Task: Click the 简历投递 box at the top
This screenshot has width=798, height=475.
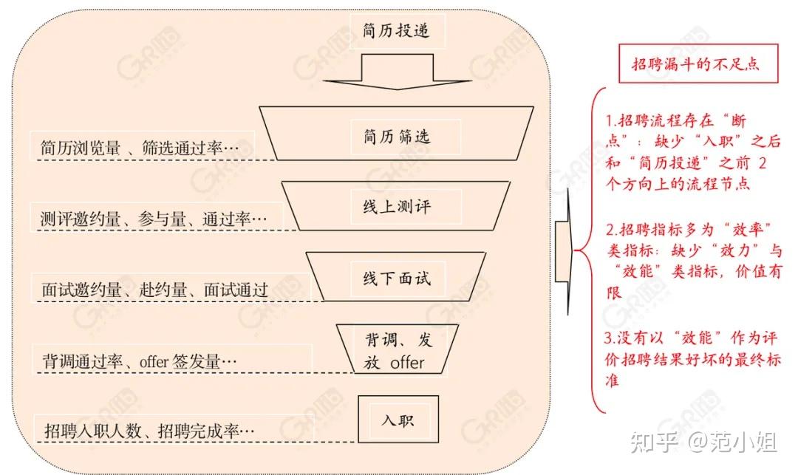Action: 396,31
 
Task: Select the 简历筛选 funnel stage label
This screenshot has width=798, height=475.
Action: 397,136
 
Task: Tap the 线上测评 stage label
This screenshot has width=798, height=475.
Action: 397,206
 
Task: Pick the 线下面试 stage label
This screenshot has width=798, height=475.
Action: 397,278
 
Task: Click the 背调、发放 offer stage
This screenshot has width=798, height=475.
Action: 398,352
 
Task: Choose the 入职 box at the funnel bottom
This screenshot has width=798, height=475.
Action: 398,420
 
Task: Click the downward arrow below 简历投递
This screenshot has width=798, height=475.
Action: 398,74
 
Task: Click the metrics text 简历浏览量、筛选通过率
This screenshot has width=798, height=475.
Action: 140,147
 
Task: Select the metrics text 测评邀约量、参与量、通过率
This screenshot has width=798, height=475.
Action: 151,219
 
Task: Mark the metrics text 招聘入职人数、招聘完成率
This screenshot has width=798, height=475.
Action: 149,429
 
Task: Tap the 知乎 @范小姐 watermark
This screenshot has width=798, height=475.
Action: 702,443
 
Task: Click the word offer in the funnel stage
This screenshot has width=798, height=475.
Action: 407,363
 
